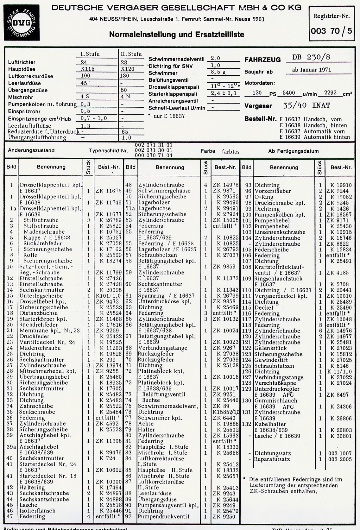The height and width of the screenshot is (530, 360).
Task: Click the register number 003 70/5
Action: click(331, 31)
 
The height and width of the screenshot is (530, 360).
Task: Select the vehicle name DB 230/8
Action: click(311, 57)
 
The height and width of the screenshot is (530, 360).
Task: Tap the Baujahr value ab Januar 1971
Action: click(312, 70)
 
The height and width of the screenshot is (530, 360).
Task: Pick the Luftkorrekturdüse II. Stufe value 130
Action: click(124, 76)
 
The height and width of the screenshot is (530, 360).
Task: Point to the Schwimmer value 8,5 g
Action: click(218, 72)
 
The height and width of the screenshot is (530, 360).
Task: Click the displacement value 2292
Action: click(330, 93)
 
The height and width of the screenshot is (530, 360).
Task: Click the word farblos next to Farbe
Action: click(231, 152)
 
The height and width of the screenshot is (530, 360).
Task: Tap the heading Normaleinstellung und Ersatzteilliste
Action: click(176, 34)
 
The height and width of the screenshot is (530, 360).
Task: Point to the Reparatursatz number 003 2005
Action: click(340, 459)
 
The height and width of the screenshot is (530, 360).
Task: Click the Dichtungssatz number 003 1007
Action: click(340, 453)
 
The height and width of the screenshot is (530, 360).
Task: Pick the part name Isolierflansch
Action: click(37, 510)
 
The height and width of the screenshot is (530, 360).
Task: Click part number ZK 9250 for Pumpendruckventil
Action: click(224, 516)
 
